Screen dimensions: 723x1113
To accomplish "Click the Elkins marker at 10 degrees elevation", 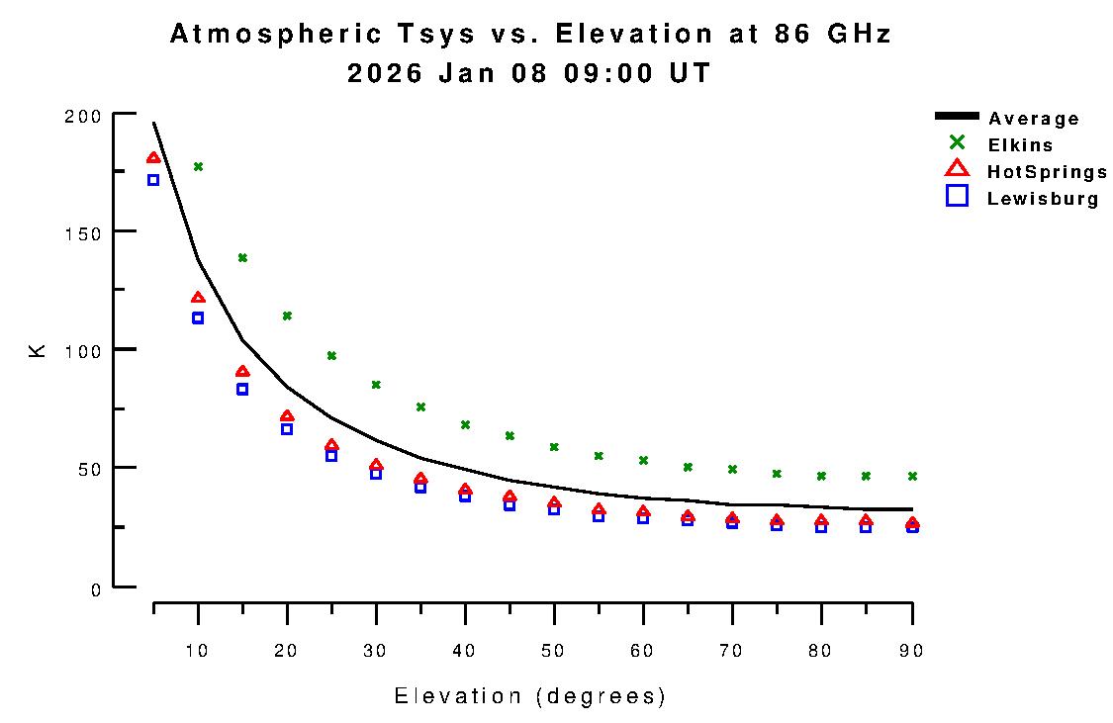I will coord(198,166).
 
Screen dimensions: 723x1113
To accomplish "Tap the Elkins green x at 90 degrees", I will coord(912,476).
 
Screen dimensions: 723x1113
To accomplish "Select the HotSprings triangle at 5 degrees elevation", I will coord(153,158).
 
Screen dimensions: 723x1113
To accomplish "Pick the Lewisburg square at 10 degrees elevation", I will coord(198,317).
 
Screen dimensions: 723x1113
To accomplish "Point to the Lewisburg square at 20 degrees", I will coord(287,428).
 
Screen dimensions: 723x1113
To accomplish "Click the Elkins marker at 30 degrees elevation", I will coord(376,385).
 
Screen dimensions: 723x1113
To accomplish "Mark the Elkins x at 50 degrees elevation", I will coord(554,447).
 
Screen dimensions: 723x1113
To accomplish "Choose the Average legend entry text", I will coord(1034,119).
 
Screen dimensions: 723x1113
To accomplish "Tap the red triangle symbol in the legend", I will coord(957,169).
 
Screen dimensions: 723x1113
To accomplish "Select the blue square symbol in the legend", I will coord(957,196).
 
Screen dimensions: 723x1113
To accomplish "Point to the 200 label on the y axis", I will coord(82,116).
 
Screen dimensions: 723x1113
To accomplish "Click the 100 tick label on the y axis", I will coord(82,350).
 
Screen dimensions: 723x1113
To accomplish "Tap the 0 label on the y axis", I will coord(96,590).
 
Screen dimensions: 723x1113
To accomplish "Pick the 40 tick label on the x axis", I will coord(465,650).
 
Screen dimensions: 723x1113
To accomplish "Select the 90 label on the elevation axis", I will coord(910,650).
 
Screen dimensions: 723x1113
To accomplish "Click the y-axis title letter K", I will coord(39,349).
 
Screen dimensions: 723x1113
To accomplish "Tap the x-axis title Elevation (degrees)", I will coord(530,696).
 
